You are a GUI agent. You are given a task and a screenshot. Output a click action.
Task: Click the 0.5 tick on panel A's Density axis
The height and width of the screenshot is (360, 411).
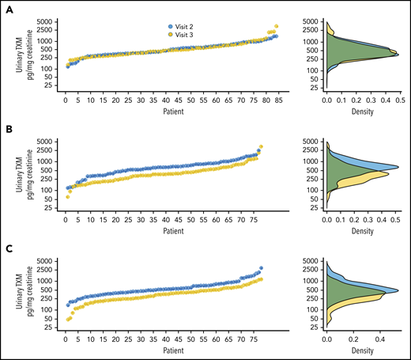(402, 102)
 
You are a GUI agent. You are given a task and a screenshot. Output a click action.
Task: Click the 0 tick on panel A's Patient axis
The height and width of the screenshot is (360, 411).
(66, 102)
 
